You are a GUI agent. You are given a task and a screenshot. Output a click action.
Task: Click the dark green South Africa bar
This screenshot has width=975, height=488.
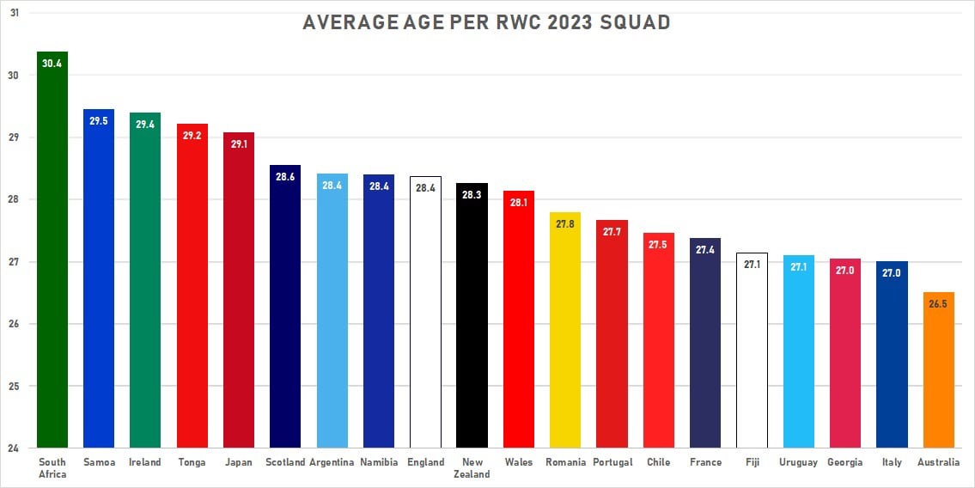(52, 258)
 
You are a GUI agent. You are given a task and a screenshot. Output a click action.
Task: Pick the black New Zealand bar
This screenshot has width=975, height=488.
(472, 326)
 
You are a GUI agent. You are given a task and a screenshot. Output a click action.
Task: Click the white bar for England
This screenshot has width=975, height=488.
(425, 326)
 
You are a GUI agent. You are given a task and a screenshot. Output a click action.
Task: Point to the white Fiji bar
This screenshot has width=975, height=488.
(752, 361)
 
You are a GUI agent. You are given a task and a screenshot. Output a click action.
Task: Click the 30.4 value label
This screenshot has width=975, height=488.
(52, 64)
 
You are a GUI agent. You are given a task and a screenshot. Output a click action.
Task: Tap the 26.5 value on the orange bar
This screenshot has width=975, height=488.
(938, 304)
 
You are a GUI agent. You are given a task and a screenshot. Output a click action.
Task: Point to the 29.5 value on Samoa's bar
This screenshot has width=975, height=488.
(98, 121)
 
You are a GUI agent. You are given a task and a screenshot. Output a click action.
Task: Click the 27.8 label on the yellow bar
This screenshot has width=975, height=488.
(565, 224)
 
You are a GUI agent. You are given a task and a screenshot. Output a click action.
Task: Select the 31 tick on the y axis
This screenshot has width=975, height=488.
(15, 14)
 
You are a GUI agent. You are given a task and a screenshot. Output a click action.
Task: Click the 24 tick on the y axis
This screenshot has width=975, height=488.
(15, 448)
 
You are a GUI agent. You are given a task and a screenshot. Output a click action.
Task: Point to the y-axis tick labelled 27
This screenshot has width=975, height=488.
(15, 262)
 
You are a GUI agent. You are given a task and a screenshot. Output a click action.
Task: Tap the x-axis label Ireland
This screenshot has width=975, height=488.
(144, 462)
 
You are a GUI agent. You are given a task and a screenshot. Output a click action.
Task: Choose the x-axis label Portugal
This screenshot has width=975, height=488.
(612, 462)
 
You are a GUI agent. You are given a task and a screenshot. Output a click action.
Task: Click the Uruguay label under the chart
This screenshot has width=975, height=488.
(798, 462)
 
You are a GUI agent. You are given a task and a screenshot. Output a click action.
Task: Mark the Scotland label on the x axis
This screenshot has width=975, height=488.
(284, 462)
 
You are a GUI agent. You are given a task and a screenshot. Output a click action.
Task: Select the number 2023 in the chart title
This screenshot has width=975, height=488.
(561, 22)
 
